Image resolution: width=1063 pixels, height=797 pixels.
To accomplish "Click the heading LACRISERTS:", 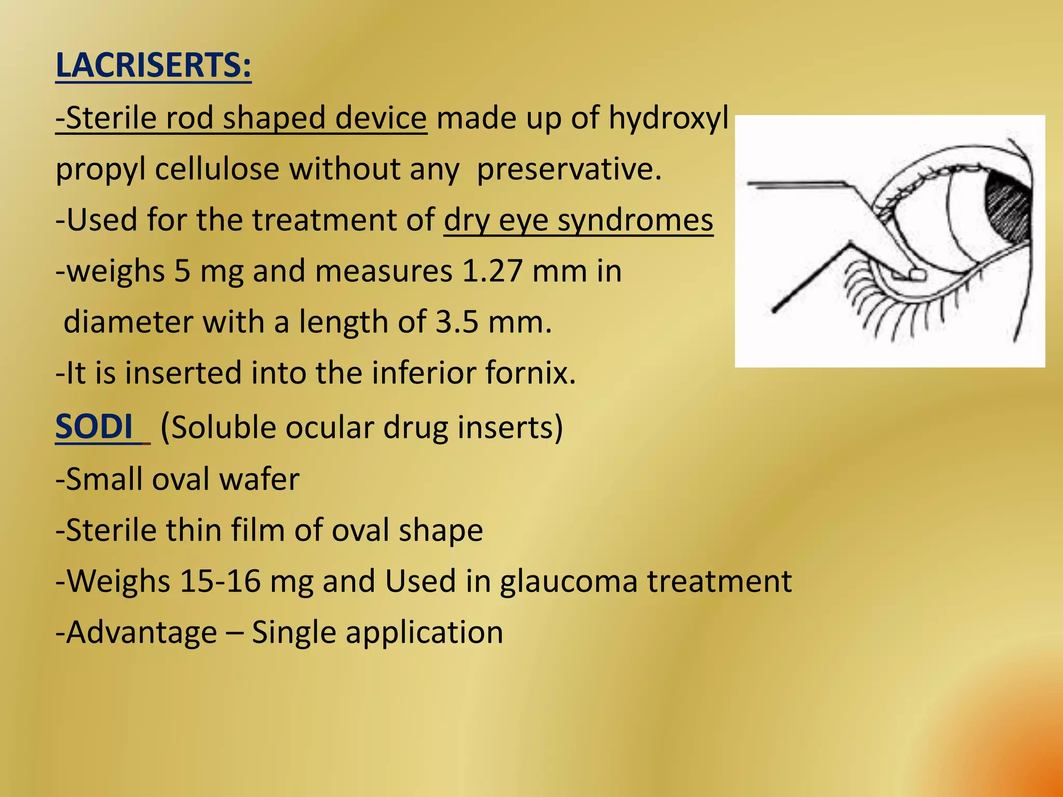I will [153, 66].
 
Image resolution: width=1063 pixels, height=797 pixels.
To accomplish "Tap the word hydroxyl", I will [669, 118].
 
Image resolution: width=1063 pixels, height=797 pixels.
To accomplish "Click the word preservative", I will [569, 169].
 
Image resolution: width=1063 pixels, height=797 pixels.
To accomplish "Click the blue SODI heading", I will [94, 427].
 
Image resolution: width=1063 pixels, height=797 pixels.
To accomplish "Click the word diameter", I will [128, 322].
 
